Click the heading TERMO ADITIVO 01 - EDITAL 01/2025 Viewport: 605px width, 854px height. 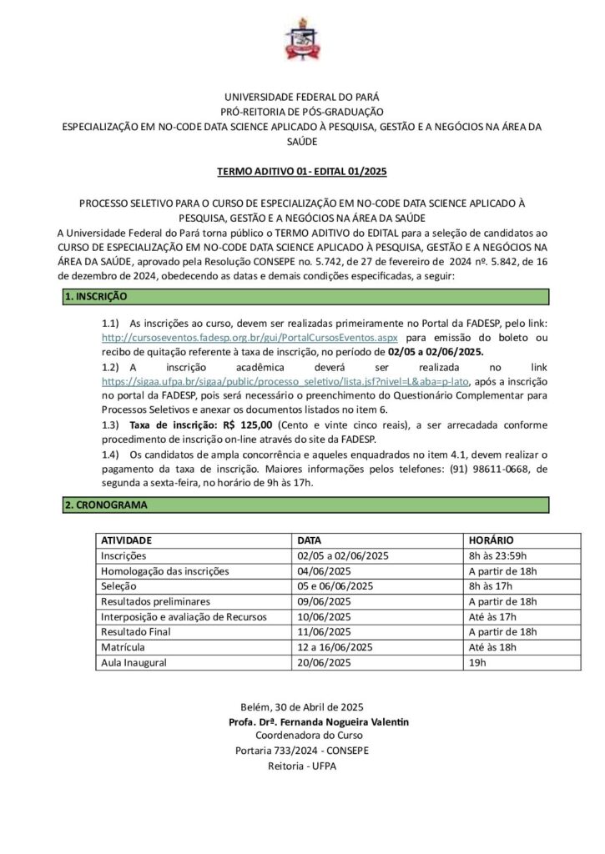[302, 173]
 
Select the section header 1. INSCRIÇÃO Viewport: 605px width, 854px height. [96, 297]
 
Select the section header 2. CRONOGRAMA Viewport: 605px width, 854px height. [106, 505]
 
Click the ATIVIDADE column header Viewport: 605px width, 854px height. [127, 540]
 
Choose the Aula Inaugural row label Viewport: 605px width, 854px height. [134, 662]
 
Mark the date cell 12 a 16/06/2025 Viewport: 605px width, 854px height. [330, 647]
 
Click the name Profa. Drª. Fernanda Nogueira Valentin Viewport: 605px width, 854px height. [318, 721]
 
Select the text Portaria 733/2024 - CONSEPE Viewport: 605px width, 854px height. [302, 751]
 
